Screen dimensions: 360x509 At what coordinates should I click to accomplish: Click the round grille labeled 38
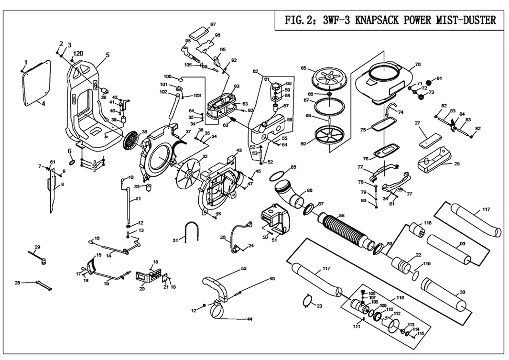[x=130, y=139]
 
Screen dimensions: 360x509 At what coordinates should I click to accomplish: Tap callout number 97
[x=213, y=24]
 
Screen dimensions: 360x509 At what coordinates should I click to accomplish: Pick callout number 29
[x=37, y=247]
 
